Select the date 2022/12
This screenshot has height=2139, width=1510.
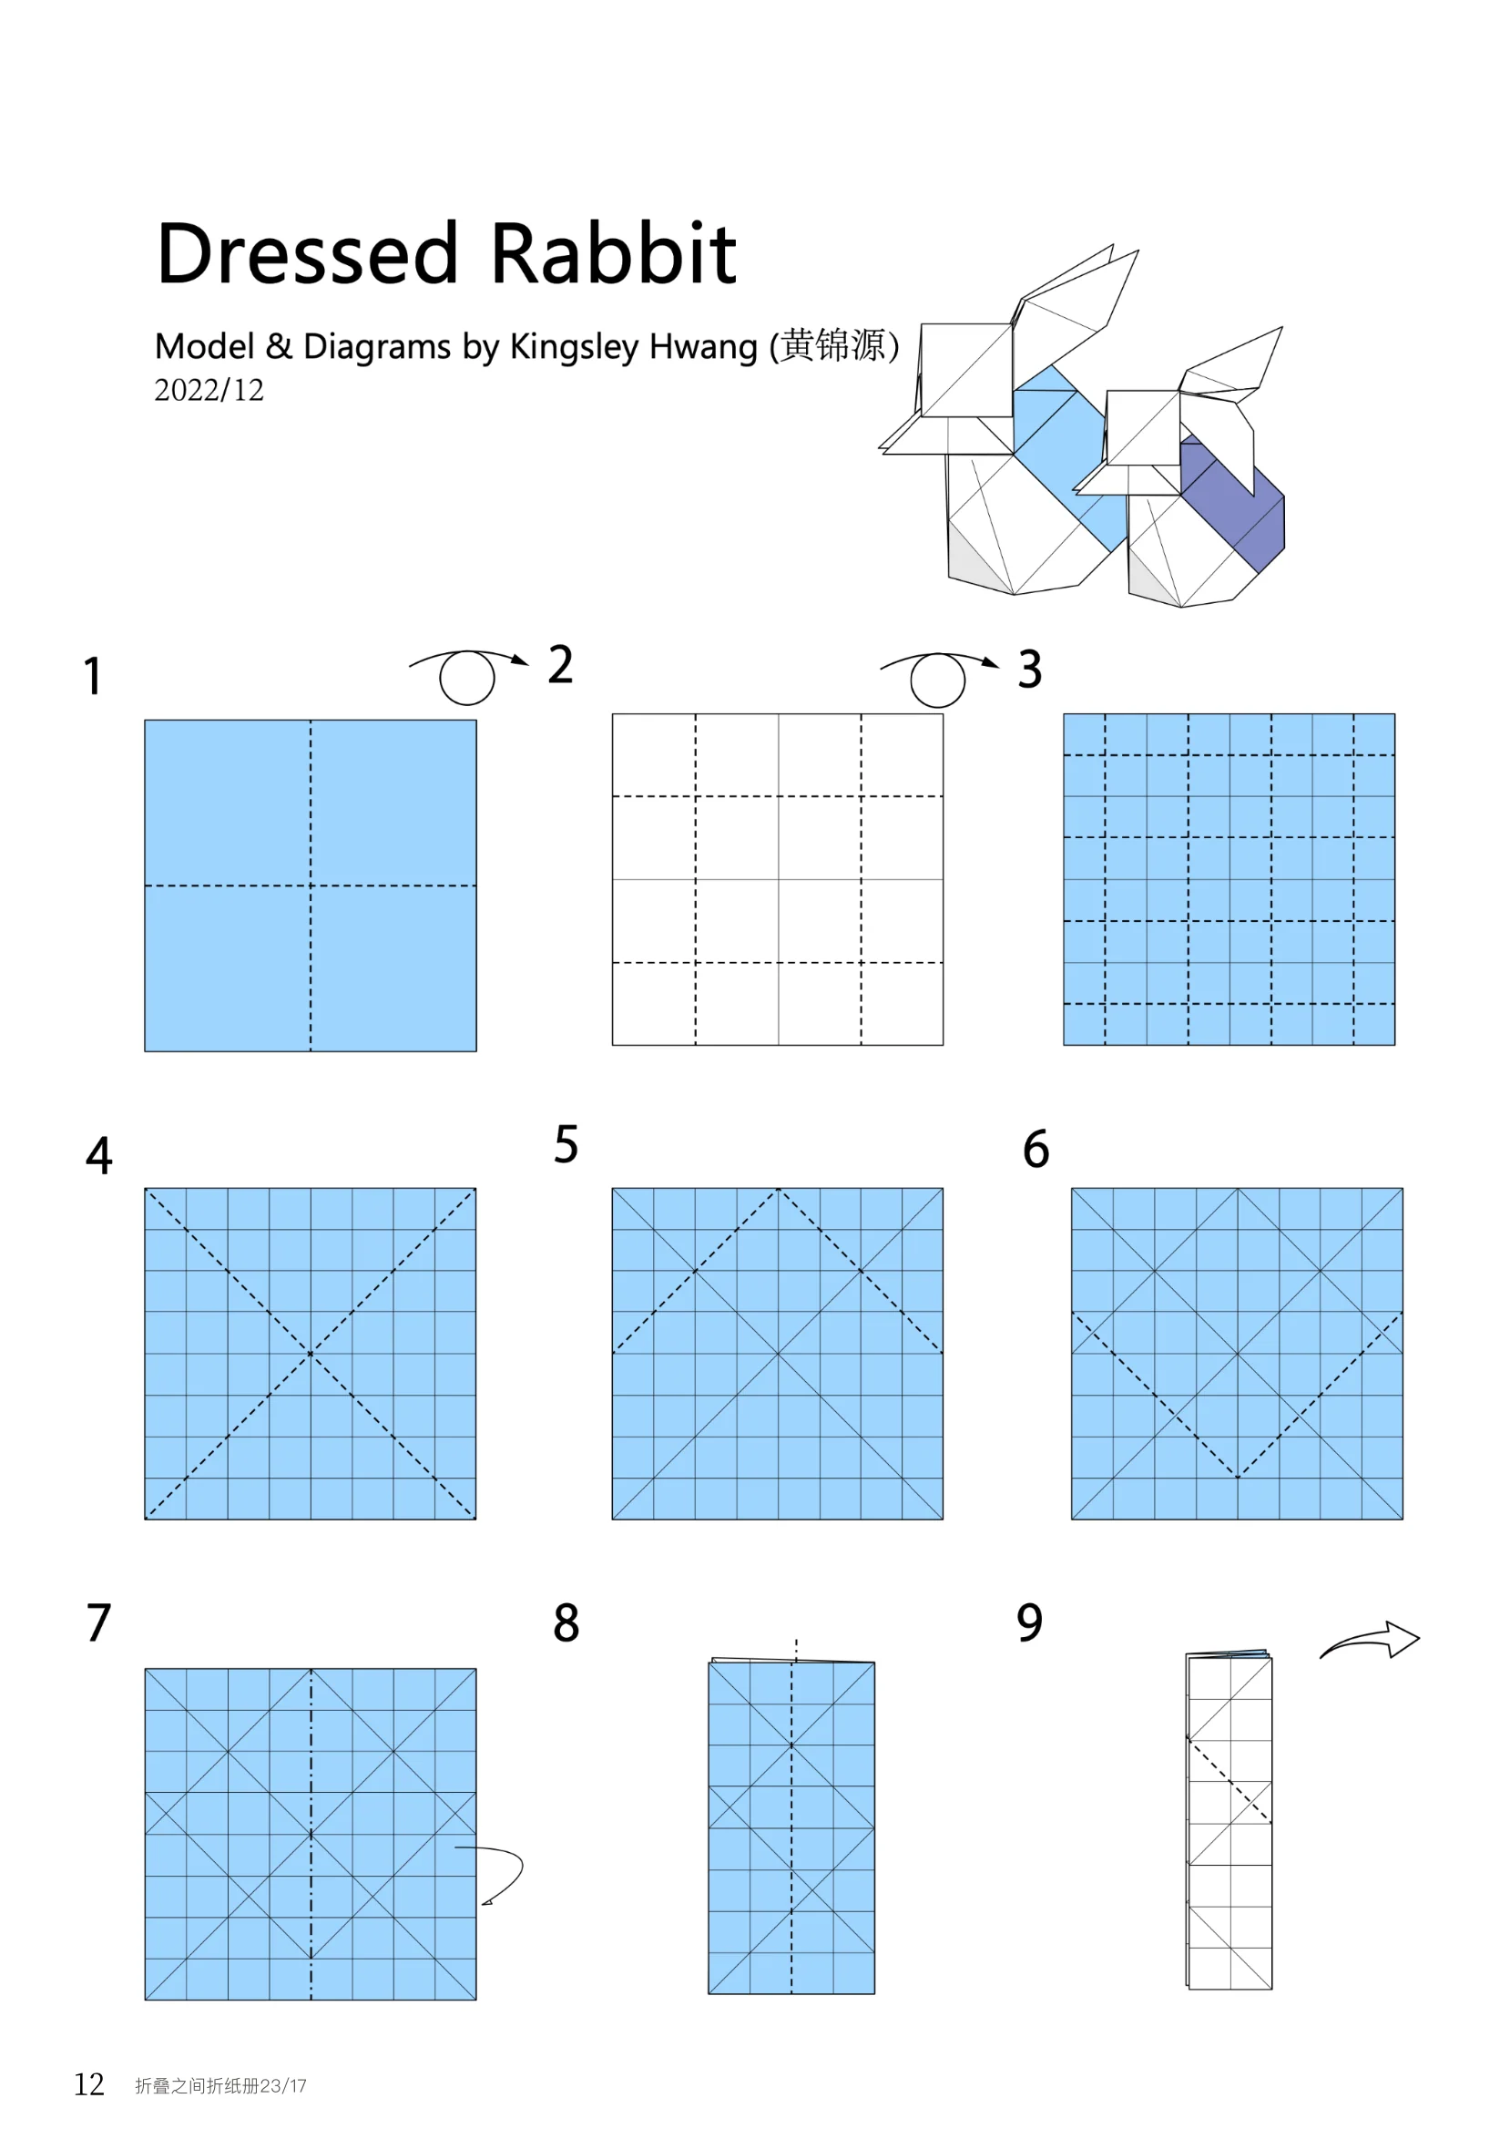point(209,390)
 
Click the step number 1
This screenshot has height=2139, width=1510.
point(92,676)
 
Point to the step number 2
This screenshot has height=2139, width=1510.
point(560,665)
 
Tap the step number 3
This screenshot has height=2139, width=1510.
point(1029,670)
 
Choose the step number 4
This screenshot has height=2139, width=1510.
point(98,1155)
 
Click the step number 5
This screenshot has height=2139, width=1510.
point(566,1144)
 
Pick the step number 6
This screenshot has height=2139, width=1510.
point(1036,1149)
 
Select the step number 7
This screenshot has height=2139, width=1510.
point(98,1622)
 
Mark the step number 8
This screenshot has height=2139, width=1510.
point(566,1622)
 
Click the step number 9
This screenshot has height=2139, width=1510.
point(1029,1622)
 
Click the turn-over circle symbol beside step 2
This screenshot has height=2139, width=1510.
point(466,678)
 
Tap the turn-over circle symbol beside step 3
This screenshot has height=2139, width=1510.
point(937,681)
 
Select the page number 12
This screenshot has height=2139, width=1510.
point(89,2084)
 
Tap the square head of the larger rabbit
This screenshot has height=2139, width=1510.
point(966,370)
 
